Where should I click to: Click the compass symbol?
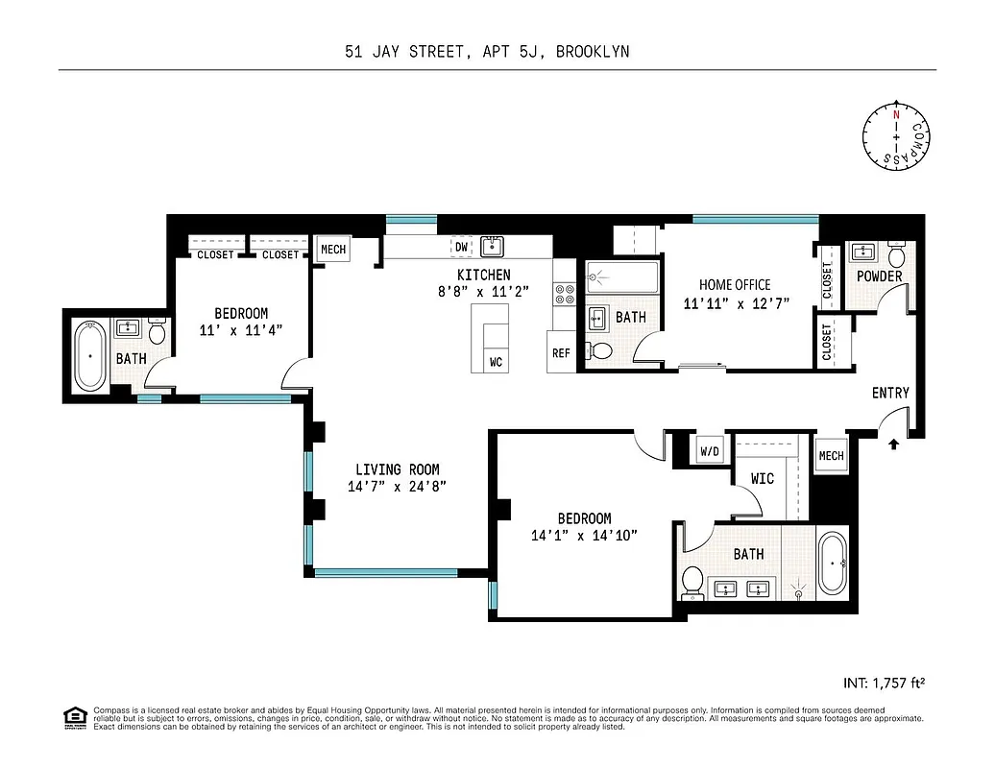896,137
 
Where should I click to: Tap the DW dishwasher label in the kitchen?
462,247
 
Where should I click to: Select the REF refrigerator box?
561,352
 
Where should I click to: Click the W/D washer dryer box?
710,451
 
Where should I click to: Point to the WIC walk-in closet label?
762,477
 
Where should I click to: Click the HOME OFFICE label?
735,285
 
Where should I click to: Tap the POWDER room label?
880,276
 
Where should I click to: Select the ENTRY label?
890,393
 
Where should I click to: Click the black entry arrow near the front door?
895,444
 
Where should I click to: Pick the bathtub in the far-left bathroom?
90,355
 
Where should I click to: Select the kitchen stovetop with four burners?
564,294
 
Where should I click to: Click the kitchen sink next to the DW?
493,247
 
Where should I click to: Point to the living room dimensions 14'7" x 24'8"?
398,486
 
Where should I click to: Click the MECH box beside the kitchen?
333,249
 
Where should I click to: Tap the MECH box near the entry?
831,455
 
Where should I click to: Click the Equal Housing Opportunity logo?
74,717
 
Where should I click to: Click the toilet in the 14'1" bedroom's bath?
692,579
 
